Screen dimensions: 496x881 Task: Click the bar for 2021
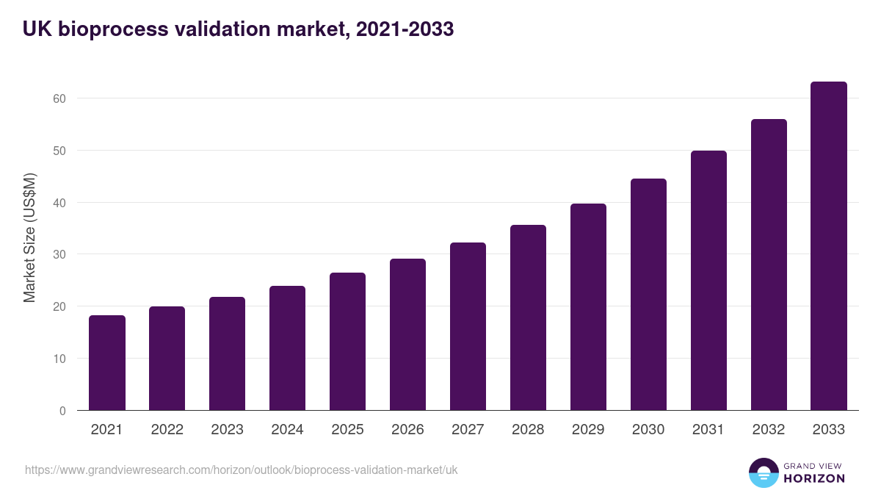107,363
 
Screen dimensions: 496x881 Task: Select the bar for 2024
287,348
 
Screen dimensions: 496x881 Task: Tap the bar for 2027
468,326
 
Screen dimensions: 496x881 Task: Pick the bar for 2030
648,295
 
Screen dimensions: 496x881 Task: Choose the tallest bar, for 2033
829,246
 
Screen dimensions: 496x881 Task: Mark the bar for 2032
769,265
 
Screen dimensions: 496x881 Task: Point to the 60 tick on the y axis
59,98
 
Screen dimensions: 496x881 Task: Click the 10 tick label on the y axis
59,359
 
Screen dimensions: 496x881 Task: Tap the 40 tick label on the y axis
59,203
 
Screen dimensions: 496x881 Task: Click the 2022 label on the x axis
167,430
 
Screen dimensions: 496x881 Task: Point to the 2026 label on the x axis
407,430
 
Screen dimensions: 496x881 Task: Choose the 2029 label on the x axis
588,430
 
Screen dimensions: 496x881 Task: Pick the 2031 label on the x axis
708,430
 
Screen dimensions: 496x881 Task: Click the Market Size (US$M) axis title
30,238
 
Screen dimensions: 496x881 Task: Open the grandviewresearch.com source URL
241,470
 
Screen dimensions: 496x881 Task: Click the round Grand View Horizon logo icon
763,472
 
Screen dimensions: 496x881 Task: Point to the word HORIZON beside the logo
814,478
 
